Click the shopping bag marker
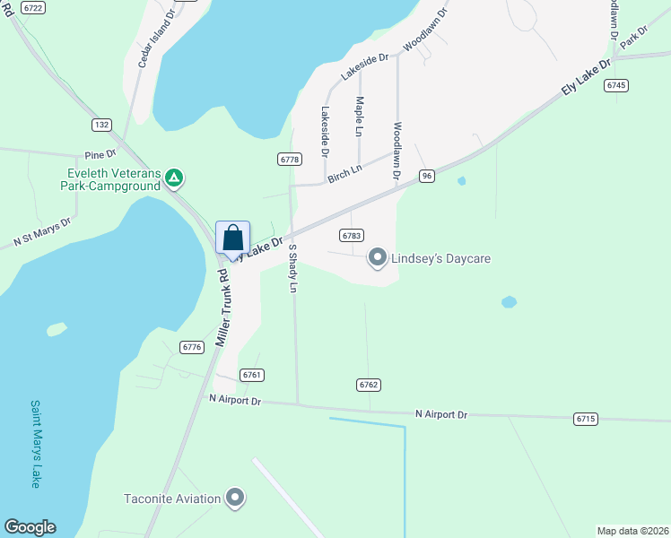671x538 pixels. pyautogui.click(x=232, y=239)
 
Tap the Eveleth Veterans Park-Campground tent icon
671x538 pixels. pyautogui.click(x=175, y=180)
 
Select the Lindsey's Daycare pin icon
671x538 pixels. pyautogui.click(x=378, y=258)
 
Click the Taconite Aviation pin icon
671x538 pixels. pyautogui.click(x=235, y=497)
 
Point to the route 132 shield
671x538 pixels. pyautogui.click(x=101, y=124)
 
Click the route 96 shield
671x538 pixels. pyautogui.click(x=426, y=177)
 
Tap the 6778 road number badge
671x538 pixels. pyautogui.click(x=289, y=159)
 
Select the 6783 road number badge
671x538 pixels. pyautogui.click(x=351, y=235)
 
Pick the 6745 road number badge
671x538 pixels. pyautogui.click(x=615, y=85)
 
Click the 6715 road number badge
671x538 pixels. pyautogui.click(x=586, y=419)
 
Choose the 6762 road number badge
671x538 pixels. pyautogui.click(x=369, y=385)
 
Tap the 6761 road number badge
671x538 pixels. pyautogui.click(x=252, y=375)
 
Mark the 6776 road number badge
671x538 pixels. pyautogui.click(x=191, y=347)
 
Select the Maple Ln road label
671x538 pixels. pyautogui.click(x=359, y=117)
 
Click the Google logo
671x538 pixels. pyautogui.click(x=30, y=527)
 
